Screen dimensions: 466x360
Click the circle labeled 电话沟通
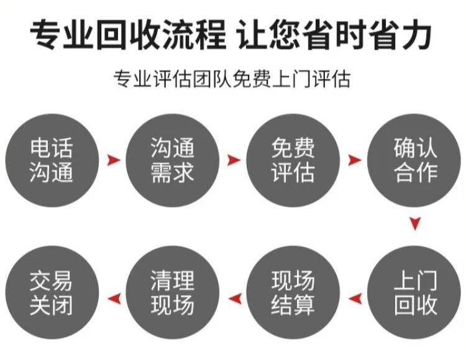point(51,160)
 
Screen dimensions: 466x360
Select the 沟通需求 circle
point(172,160)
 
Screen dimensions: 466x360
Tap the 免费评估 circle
point(293,160)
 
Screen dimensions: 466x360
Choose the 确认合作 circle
point(415,160)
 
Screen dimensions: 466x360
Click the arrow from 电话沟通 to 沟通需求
point(112,160)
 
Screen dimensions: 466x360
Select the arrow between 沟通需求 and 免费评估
point(233,160)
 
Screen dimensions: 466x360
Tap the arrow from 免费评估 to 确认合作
point(354,160)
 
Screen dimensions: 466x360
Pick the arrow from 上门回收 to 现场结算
point(355,299)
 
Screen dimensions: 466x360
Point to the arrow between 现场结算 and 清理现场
point(234,299)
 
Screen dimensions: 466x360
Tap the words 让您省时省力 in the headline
point(335,35)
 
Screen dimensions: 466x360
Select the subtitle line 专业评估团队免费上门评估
point(232,79)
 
